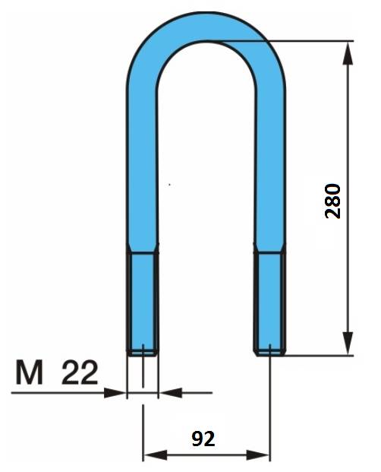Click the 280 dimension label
click(333, 201)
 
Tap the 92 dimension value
click(203, 439)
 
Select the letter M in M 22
click(29, 372)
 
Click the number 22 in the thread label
click(80, 372)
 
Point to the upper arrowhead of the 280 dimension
click(348, 52)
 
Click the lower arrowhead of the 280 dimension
click(348, 343)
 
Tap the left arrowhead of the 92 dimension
click(155, 455)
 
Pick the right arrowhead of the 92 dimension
click(258, 455)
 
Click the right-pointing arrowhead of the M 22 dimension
click(115, 393)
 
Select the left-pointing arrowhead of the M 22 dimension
click(171, 393)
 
